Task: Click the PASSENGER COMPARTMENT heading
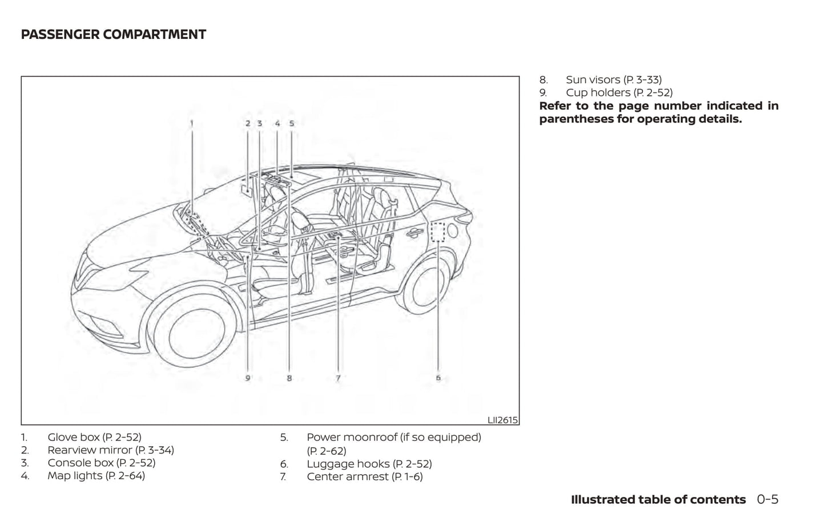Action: [x=113, y=34]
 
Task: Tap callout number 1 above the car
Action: [x=192, y=123]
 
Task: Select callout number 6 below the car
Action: [x=438, y=378]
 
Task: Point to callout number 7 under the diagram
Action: [x=338, y=378]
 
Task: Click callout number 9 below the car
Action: [x=247, y=378]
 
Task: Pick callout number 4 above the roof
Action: [x=277, y=123]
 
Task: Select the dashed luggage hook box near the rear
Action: [x=438, y=232]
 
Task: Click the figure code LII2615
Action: [x=502, y=420]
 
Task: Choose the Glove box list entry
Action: [x=94, y=438]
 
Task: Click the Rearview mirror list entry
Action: [x=110, y=450]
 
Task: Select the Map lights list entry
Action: [x=96, y=476]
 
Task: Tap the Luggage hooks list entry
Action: [x=369, y=464]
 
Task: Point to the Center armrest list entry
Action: [x=364, y=477]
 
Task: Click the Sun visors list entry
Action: [x=613, y=80]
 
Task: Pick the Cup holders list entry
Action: [x=619, y=92]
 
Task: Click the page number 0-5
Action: [x=767, y=500]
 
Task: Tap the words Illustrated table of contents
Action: [x=658, y=500]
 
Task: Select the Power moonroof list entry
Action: [x=393, y=438]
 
